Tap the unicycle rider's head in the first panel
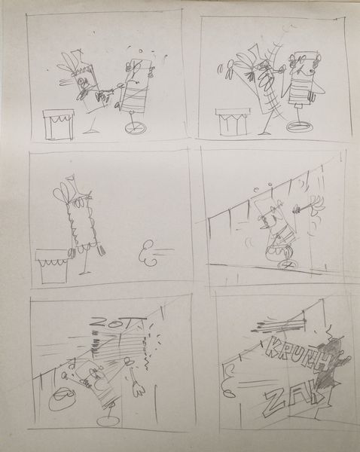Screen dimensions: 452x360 136,71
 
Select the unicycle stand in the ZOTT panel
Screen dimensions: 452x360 109,414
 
